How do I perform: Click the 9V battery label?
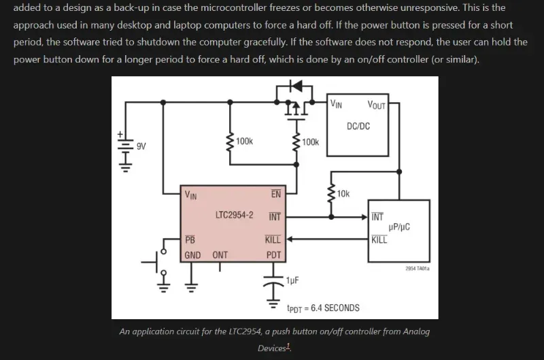(x=141, y=146)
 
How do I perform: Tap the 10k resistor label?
(x=343, y=193)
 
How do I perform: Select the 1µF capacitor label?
(x=293, y=280)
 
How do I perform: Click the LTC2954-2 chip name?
(x=234, y=215)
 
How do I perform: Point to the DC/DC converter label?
(x=358, y=126)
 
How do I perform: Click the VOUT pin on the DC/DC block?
(x=376, y=105)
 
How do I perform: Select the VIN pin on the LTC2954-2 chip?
(x=190, y=195)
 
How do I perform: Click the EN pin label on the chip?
(x=275, y=194)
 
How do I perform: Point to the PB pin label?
(x=190, y=240)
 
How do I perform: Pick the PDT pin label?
(x=273, y=255)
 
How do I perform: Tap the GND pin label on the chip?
(x=192, y=255)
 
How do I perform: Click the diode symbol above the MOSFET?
(x=296, y=86)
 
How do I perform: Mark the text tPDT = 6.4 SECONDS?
(x=323, y=308)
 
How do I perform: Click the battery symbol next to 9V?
(x=124, y=151)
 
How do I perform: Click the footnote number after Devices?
(x=288, y=346)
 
